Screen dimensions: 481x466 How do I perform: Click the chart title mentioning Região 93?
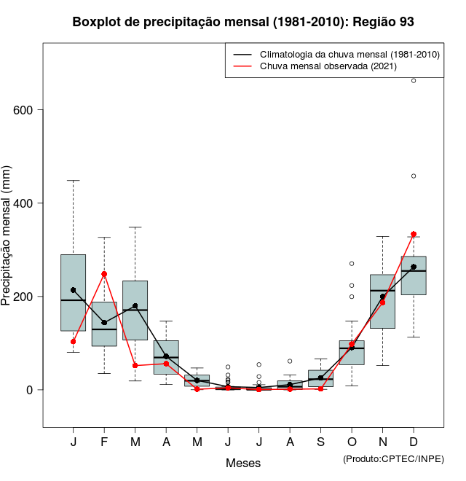click(x=243, y=22)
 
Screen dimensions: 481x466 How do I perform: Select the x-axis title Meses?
click(x=243, y=463)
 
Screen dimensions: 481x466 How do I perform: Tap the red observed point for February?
click(x=104, y=274)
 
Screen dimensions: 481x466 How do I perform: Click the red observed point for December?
click(x=414, y=234)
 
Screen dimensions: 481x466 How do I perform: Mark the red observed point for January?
click(x=74, y=341)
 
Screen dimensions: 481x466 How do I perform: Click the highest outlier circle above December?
click(x=414, y=80)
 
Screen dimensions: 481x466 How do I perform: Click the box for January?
click(x=73, y=292)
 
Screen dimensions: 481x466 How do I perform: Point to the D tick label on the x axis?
click(x=414, y=442)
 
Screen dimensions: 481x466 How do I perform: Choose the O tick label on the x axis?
click(x=352, y=442)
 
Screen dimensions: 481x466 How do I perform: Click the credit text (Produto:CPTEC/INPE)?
click(x=393, y=458)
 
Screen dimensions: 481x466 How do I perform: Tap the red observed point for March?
click(x=135, y=365)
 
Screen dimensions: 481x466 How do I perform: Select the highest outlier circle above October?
click(x=352, y=263)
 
